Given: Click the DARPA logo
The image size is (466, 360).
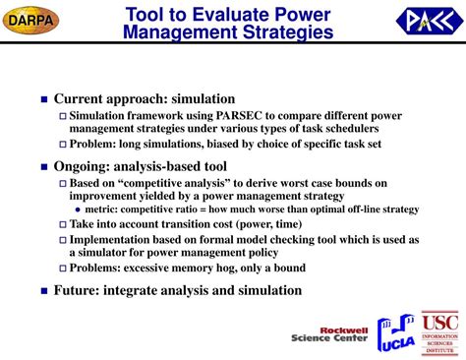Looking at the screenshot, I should (32, 20).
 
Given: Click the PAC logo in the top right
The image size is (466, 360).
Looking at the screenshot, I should (428, 20).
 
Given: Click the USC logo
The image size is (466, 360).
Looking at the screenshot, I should (439, 332).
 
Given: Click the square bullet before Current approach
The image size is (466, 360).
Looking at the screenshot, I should (42, 99).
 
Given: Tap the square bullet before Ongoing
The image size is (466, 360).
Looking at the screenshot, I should (42, 166).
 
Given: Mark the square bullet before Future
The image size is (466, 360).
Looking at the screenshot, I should (42, 290).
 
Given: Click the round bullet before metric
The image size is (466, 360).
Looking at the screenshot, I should (79, 210).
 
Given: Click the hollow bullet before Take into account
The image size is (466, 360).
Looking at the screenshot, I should (61, 224).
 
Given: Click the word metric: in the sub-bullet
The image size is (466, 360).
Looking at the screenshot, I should (103, 210).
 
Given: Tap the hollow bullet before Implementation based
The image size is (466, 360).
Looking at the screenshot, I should (61, 239).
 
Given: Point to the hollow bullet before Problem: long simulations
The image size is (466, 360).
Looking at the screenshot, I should (61, 144).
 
